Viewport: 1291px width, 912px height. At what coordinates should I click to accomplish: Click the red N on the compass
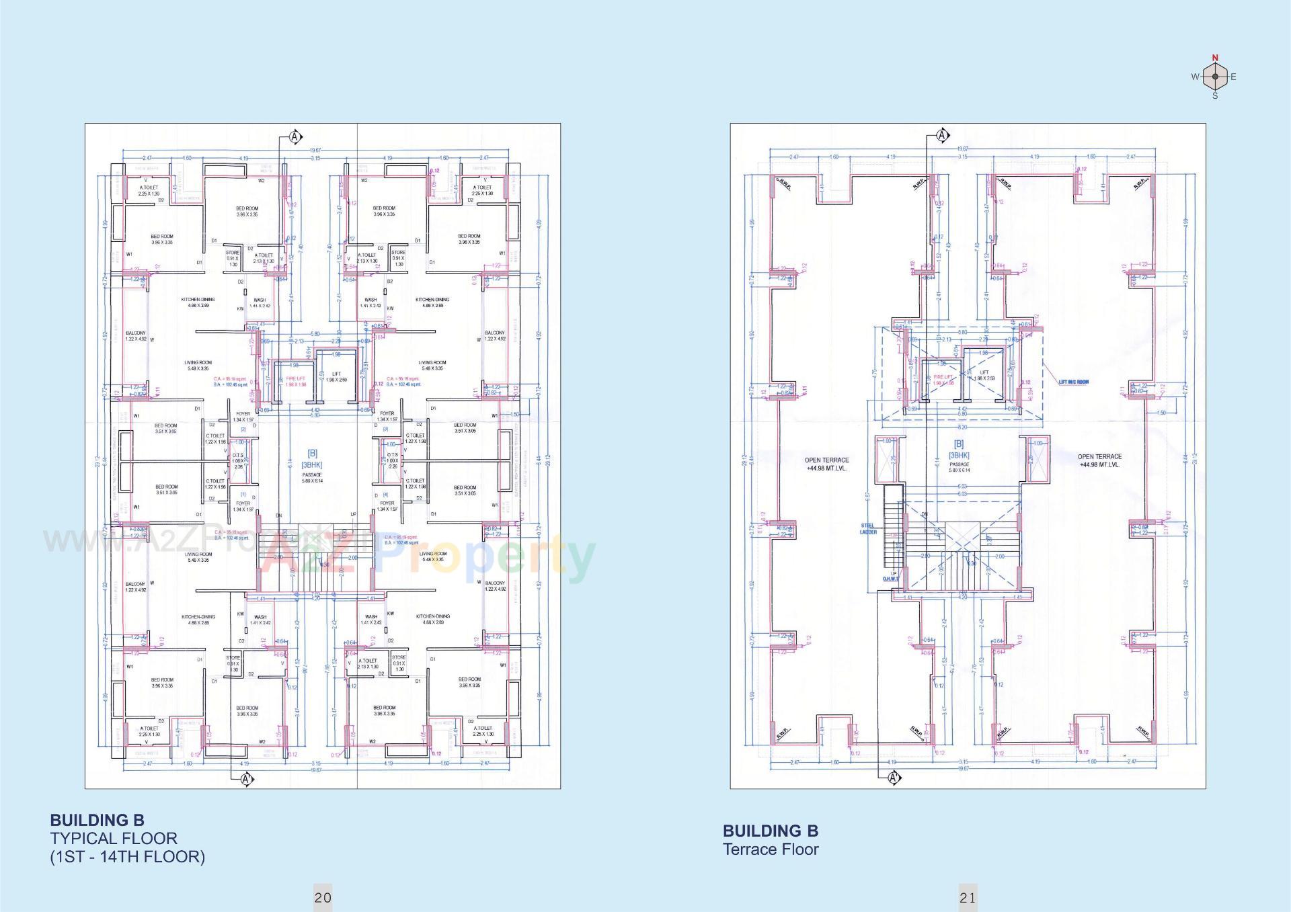1215,58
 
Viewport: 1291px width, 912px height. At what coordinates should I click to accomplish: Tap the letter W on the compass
1195,77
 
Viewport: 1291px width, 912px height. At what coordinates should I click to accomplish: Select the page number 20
323,897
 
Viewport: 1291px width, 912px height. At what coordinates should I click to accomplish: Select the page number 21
968,897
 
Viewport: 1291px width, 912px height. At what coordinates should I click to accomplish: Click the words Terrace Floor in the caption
771,849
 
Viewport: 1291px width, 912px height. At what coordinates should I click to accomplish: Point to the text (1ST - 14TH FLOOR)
128,857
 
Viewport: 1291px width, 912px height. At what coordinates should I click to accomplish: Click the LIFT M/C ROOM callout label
1074,382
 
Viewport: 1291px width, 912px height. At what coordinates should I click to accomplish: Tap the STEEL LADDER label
868,529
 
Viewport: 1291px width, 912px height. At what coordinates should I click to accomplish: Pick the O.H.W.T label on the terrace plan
891,579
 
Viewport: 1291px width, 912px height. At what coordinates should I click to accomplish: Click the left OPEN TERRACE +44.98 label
826,464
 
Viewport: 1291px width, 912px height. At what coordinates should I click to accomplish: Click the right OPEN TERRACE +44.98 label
1099,460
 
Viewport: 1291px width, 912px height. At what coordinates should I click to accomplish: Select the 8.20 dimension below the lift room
962,427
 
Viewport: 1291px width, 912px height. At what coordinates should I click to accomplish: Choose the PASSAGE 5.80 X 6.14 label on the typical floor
312,478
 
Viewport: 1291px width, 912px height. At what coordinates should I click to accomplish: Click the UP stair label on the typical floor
353,515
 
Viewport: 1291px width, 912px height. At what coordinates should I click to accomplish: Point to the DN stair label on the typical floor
278,515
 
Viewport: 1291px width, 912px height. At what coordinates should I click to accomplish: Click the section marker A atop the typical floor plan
296,137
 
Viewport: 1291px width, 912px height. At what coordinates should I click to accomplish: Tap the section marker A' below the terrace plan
894,778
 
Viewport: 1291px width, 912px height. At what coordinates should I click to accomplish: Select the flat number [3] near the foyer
385,429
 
